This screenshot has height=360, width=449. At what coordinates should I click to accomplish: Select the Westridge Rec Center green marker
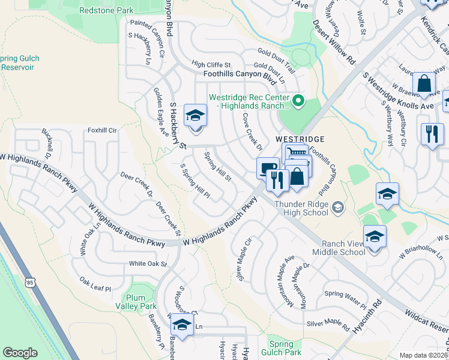pyautogui.click(x=297, y=100)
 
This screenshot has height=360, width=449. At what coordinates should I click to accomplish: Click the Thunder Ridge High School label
pyautogui.click(x=302, y=208)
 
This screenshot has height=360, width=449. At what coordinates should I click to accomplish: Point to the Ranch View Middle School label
pyautogui.click(x=335, y=248)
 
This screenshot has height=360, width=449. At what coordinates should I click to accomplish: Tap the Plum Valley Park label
pyautogui.click(x=140, y=302)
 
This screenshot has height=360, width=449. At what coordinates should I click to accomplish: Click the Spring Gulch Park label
pyautogui.click(x=285, y=348)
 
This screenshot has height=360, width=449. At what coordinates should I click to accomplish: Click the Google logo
pyautogui.click(x=20, y=353)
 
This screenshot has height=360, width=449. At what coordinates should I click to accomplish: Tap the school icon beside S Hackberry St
pyautogui.click(x=195, y=115)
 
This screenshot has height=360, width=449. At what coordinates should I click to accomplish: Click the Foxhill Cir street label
pyautogui.click(x=101, y=129)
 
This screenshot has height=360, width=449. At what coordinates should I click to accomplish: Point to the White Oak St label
pyautogui.click(x=148, y=263)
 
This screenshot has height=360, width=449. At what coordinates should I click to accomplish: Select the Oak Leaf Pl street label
pyautogui.click(x=95, y=284)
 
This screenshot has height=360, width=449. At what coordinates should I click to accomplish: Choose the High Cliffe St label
pyautogui.click(x=211, y=64)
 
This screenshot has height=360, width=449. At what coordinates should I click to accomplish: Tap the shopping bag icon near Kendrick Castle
pyautogui.click(x=424, y=84)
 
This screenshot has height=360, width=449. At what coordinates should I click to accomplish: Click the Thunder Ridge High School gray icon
pyautogui.click(x=338, y=208)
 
